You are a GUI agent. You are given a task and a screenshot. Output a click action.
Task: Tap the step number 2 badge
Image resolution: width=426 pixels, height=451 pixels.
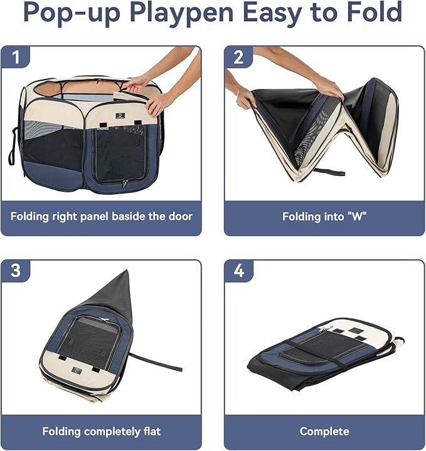[x=238, y=57]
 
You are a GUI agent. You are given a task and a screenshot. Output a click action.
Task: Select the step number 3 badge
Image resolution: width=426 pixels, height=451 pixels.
[x=16, y=271]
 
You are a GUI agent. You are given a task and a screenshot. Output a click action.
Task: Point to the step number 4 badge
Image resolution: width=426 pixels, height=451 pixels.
[x=238, y=271]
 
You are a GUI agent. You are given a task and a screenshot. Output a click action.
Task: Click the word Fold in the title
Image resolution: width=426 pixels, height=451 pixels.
[x=376, y=14]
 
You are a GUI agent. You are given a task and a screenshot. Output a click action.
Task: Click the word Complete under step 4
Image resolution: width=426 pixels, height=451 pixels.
[x=324, y=431]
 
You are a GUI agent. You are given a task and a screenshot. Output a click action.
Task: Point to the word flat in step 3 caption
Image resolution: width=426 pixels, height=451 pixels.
[x=149, y=431]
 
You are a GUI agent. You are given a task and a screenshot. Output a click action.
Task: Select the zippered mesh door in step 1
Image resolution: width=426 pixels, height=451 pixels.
[x=119, y=154]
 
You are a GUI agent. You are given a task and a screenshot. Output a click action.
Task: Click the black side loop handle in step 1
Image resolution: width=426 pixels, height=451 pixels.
[x=12, y=147]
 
